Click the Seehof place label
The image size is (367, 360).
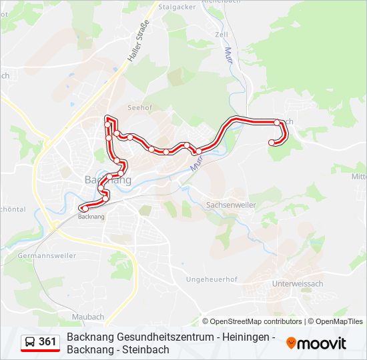140,107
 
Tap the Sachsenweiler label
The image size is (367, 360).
231,205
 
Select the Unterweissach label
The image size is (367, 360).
298,283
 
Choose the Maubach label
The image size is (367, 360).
89,316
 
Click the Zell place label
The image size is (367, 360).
222,34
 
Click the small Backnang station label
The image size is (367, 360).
91,217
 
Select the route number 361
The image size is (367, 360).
48,342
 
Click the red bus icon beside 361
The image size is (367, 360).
30,343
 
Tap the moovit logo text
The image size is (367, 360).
322,343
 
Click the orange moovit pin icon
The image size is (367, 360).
291,343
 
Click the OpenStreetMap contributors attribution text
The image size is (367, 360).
256,321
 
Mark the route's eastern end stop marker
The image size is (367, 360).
272,143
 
